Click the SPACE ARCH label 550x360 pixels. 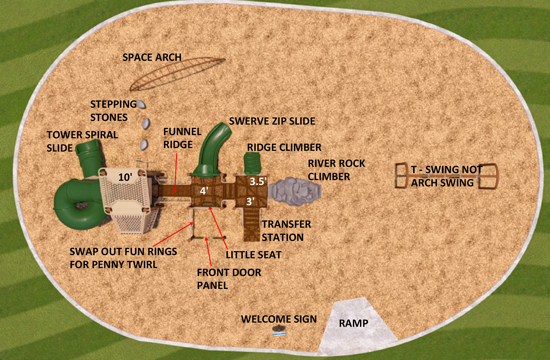point(152,57)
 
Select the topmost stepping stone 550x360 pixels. point(141,105)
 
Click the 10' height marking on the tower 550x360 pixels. point(125,177)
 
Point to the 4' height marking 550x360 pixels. point(204,190)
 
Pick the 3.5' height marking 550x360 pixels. point(258,181)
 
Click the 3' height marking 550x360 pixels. point(250,201)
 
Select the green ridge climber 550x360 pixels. point(252,163)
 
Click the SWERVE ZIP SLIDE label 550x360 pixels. point(272,121)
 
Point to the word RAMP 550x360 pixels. point(354,323)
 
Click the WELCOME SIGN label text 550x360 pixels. point(279,319)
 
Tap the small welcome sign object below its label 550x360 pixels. point(279,330)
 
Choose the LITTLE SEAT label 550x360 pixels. point(254,255)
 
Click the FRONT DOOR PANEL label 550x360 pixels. point(229,279)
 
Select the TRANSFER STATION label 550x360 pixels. point(286,231)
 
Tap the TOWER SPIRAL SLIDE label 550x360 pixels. point(82,141)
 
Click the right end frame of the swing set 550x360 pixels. point(488,176)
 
